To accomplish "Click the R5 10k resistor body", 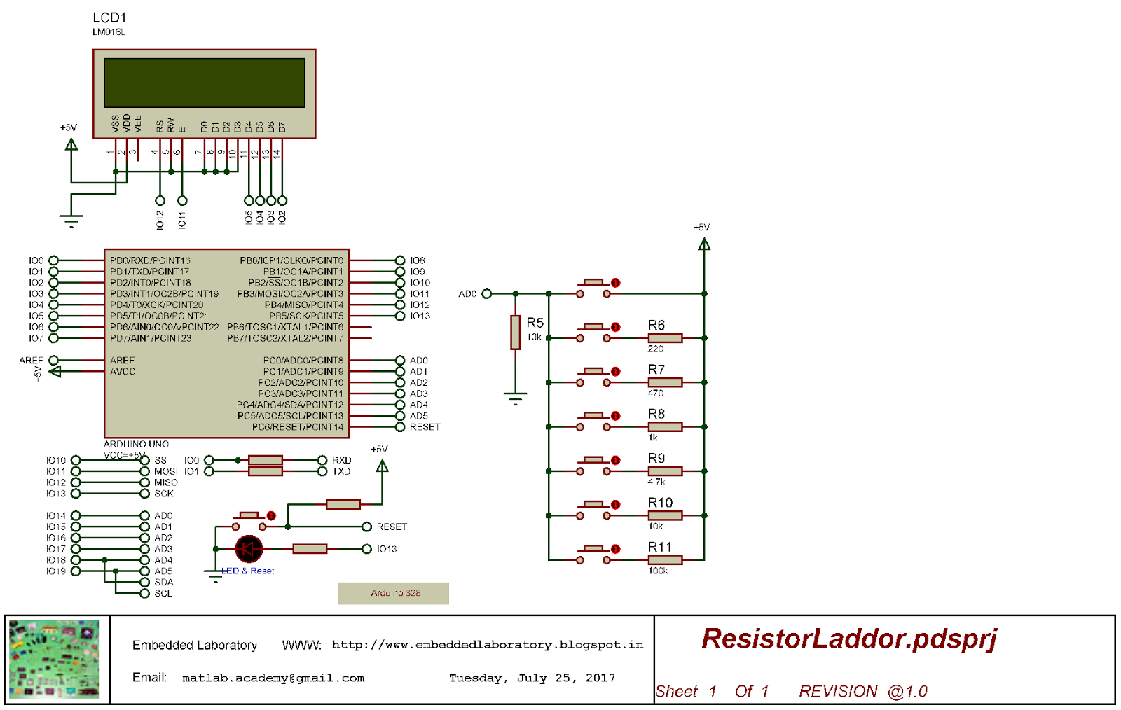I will pos(515,332).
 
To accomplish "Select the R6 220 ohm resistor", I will pos(665,338).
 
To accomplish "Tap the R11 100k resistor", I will pos(665,559).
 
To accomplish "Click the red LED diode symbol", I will pos(249,549).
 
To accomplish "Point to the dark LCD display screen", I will pos(204,83).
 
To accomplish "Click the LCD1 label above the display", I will pos(109,18).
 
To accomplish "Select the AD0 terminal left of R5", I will pos(486,294).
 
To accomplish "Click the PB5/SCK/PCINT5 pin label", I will pos(306,316).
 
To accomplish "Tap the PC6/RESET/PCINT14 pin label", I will pos(298,427).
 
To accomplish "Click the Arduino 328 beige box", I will pos(393,593).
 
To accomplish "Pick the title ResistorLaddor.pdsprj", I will pos(848,639).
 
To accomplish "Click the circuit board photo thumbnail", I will pos(55,660).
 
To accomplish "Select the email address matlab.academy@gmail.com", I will pos(273,678).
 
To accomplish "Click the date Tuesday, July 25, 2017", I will pos(532,678).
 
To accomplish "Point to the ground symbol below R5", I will pos(515,400).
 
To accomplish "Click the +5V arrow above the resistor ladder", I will pos(704,244).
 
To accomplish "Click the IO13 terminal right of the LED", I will pos(366,549).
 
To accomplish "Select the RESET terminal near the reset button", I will pos(366,527).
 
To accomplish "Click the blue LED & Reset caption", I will pos(248,571).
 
